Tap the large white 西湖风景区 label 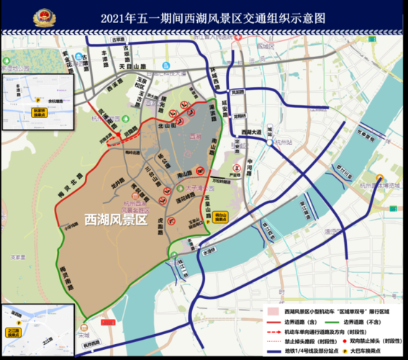click(116, 219)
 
